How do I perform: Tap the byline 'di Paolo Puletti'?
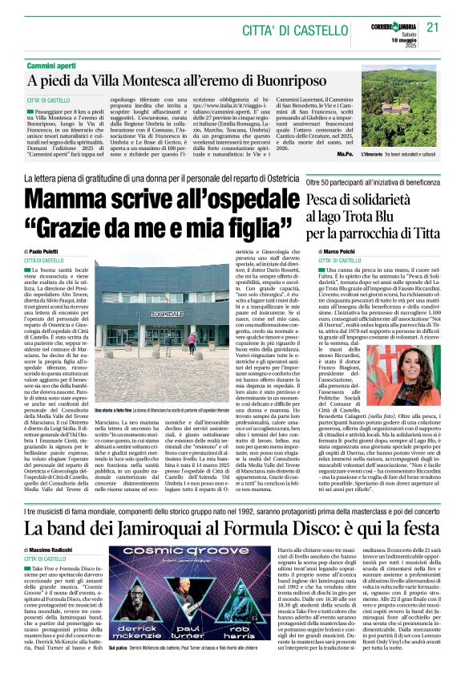coord(48,252)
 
